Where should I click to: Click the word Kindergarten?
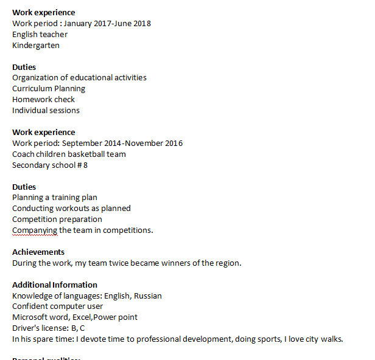[x=36, y=46]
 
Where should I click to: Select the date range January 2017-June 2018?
[x=107, y=24]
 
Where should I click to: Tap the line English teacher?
[x=40, y=35]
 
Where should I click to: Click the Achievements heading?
[x=38, y=252]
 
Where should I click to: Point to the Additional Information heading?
[x=55, y=285]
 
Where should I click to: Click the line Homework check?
[x=43, y=100]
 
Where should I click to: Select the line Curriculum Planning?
[x=49, y=89]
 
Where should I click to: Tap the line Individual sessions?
[x=46, y=111]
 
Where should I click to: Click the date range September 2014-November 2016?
[x=122, y=144]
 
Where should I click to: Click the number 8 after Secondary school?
[x=85, y=165]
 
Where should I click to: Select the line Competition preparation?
[x=57, y=220]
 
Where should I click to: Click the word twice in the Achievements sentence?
[x=129, y=263]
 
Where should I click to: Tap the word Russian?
[x=148, y=296]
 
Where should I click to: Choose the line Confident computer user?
[x=58, y=306]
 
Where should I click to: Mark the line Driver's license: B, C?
[x=49, y=328]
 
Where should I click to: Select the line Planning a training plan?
[x=55, y=198]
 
